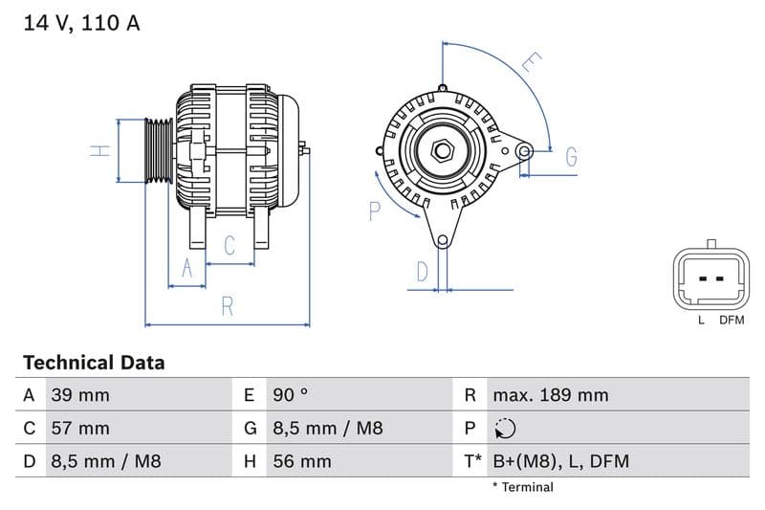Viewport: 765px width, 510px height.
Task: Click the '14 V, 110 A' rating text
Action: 81,23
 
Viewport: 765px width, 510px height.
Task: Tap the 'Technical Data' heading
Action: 94,363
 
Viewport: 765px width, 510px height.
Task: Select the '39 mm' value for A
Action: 79,395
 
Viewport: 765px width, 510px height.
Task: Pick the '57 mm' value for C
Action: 79,428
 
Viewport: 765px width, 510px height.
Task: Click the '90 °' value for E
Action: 291,395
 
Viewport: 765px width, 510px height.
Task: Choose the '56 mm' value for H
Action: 301,461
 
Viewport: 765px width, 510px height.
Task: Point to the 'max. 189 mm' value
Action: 550,395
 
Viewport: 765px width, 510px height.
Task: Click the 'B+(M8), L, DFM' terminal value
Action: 560,461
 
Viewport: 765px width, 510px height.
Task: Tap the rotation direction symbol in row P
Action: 505,428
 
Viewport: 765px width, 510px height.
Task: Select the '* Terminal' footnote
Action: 522,487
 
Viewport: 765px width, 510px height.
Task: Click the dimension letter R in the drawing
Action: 228,306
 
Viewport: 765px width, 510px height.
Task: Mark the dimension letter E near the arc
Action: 532,63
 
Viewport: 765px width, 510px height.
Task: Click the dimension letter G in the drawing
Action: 571,158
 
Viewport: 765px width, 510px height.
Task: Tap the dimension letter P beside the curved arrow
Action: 375,211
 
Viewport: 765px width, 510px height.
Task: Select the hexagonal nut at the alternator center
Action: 442,150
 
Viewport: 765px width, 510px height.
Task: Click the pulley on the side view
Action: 159,150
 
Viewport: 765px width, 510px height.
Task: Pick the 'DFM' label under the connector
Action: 732,321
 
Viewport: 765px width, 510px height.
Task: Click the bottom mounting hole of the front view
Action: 442,240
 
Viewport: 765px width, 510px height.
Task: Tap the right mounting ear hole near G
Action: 523,150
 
